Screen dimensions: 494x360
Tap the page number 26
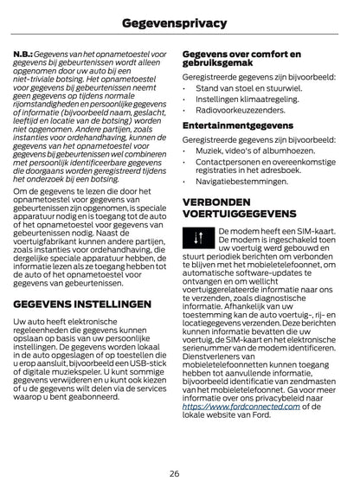click(x=179, y=472)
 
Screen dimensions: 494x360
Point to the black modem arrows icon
click(x=199, y=238)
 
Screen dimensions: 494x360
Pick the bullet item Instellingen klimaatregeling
click(x=243, y=99)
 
